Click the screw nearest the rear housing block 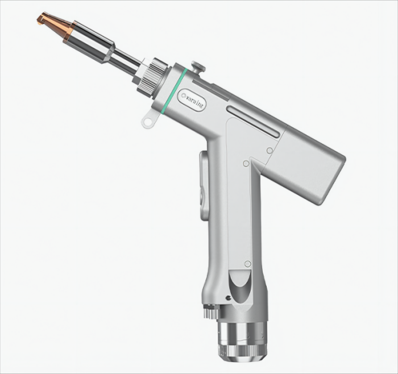270,151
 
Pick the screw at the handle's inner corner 245,164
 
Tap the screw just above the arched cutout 247,263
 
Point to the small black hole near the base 227,297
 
